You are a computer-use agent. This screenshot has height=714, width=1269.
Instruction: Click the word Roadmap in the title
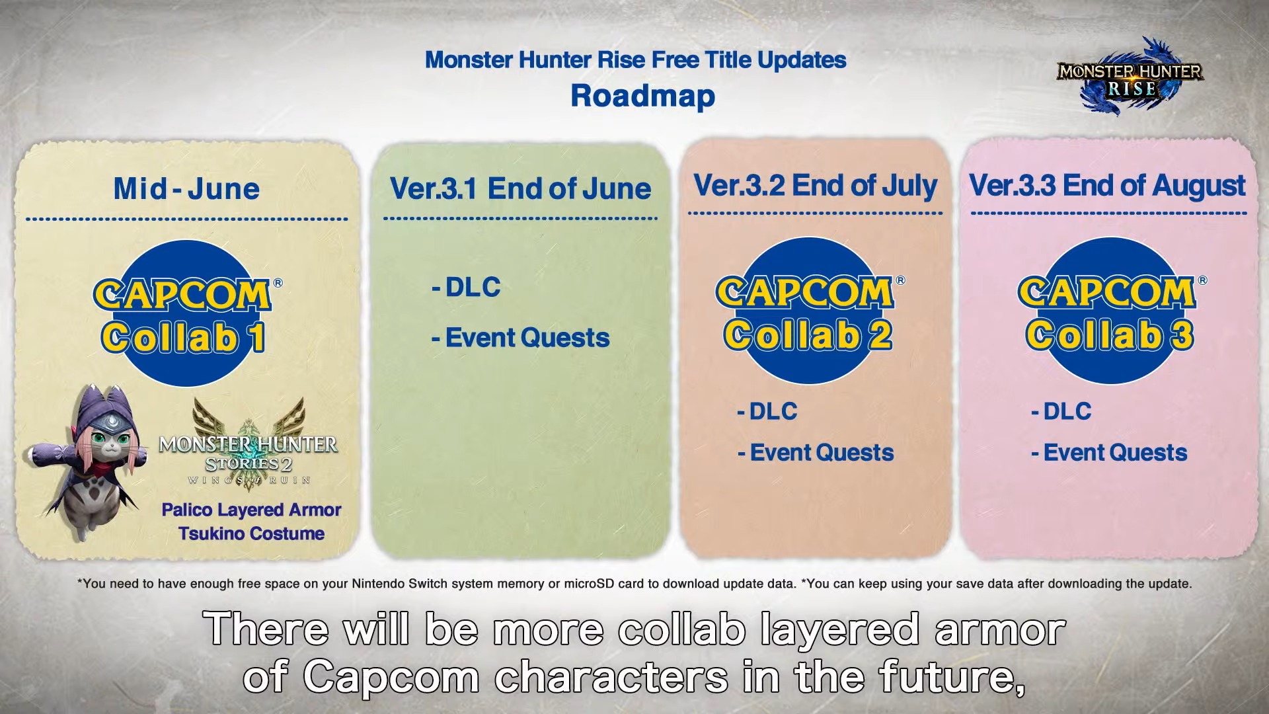pos(642,96)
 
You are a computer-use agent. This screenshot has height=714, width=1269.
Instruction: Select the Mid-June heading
pos(186,189)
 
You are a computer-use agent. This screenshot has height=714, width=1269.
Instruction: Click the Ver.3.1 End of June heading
pos(520,188)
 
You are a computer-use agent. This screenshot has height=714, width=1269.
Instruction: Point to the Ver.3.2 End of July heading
pos(816,186)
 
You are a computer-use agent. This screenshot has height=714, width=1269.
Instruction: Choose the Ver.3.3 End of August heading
pos(1108,186)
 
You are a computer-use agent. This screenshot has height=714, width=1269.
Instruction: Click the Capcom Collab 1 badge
pos(187,313)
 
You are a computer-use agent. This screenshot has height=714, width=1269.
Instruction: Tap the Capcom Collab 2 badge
pos(809,311)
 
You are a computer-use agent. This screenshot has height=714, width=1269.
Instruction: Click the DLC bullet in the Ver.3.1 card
pos(466,288)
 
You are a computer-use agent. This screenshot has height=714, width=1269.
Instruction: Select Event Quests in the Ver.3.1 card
pos(520,338)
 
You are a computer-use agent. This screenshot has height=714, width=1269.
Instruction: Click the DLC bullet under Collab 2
pos(767,412)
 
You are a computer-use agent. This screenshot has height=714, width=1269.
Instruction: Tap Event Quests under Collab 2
pos(815,453)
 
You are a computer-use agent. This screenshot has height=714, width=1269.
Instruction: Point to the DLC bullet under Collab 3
pos(1061,412)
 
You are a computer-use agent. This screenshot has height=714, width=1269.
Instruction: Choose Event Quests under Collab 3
pos(1109,453)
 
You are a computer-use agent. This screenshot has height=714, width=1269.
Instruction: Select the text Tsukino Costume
pos(251,534)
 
